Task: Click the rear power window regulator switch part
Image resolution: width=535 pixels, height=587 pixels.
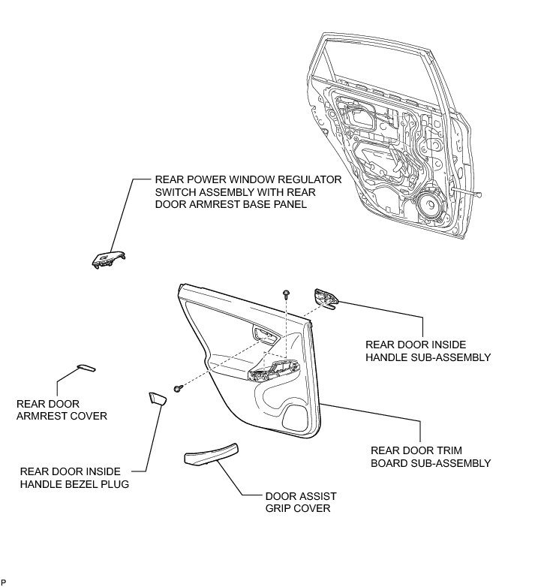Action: tap(104, 257)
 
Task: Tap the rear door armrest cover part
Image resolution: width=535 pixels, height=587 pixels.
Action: tap(86, 368)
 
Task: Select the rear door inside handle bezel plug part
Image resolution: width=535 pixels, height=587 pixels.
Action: tap(157, 398)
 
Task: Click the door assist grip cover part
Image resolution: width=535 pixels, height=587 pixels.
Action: tap(212, 454)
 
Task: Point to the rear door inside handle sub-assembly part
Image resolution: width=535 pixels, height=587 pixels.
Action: tap(327, 298)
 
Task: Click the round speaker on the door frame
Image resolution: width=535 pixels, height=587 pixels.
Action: tap(430, 203)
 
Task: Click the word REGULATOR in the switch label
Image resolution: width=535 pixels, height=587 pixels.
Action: tap(309, 180)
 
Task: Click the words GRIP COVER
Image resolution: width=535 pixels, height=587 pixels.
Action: tap(298, 508)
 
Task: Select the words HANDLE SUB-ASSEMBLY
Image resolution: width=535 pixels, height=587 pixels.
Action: tap(428, 357)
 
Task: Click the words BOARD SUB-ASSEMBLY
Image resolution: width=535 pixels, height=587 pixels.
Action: tap(431, 463)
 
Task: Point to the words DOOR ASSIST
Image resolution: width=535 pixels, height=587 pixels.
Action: tap(301, 496)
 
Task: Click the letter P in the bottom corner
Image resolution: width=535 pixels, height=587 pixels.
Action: tap(4, 582)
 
